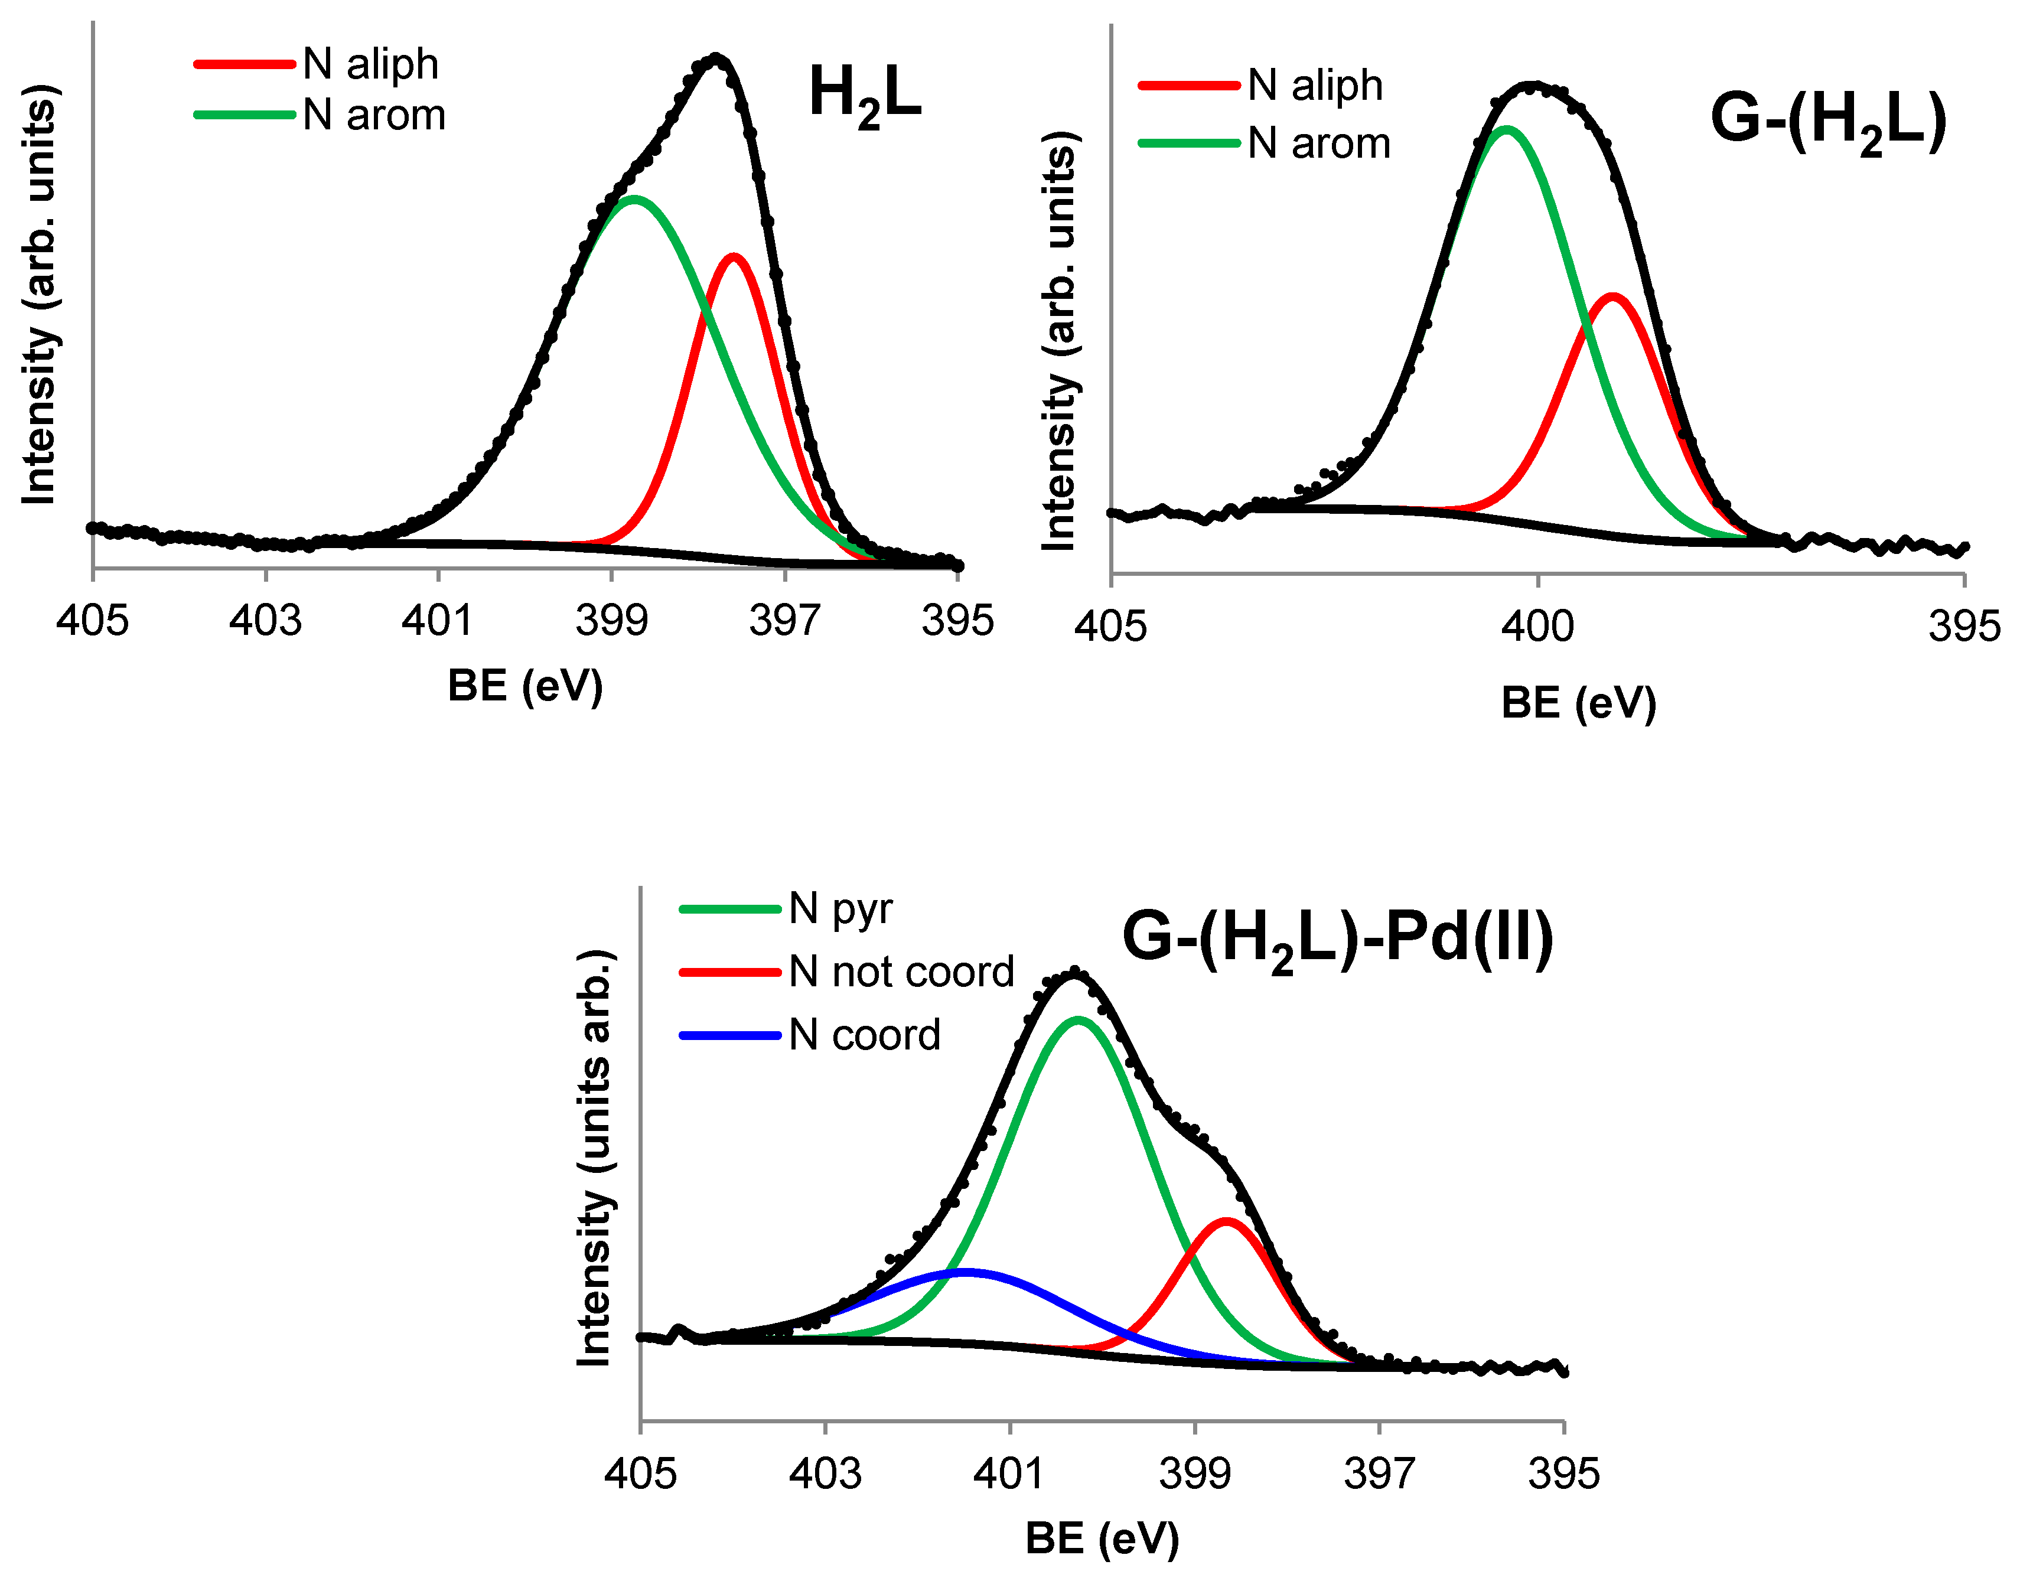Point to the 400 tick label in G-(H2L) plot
1537,627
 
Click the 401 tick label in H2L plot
437,620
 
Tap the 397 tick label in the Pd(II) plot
1379,1473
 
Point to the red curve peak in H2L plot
734,256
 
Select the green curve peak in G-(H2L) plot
1507,129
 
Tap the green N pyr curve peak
1079,1019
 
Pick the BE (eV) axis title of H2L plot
525,686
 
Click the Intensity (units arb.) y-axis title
594,1157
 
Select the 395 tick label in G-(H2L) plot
1963,627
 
